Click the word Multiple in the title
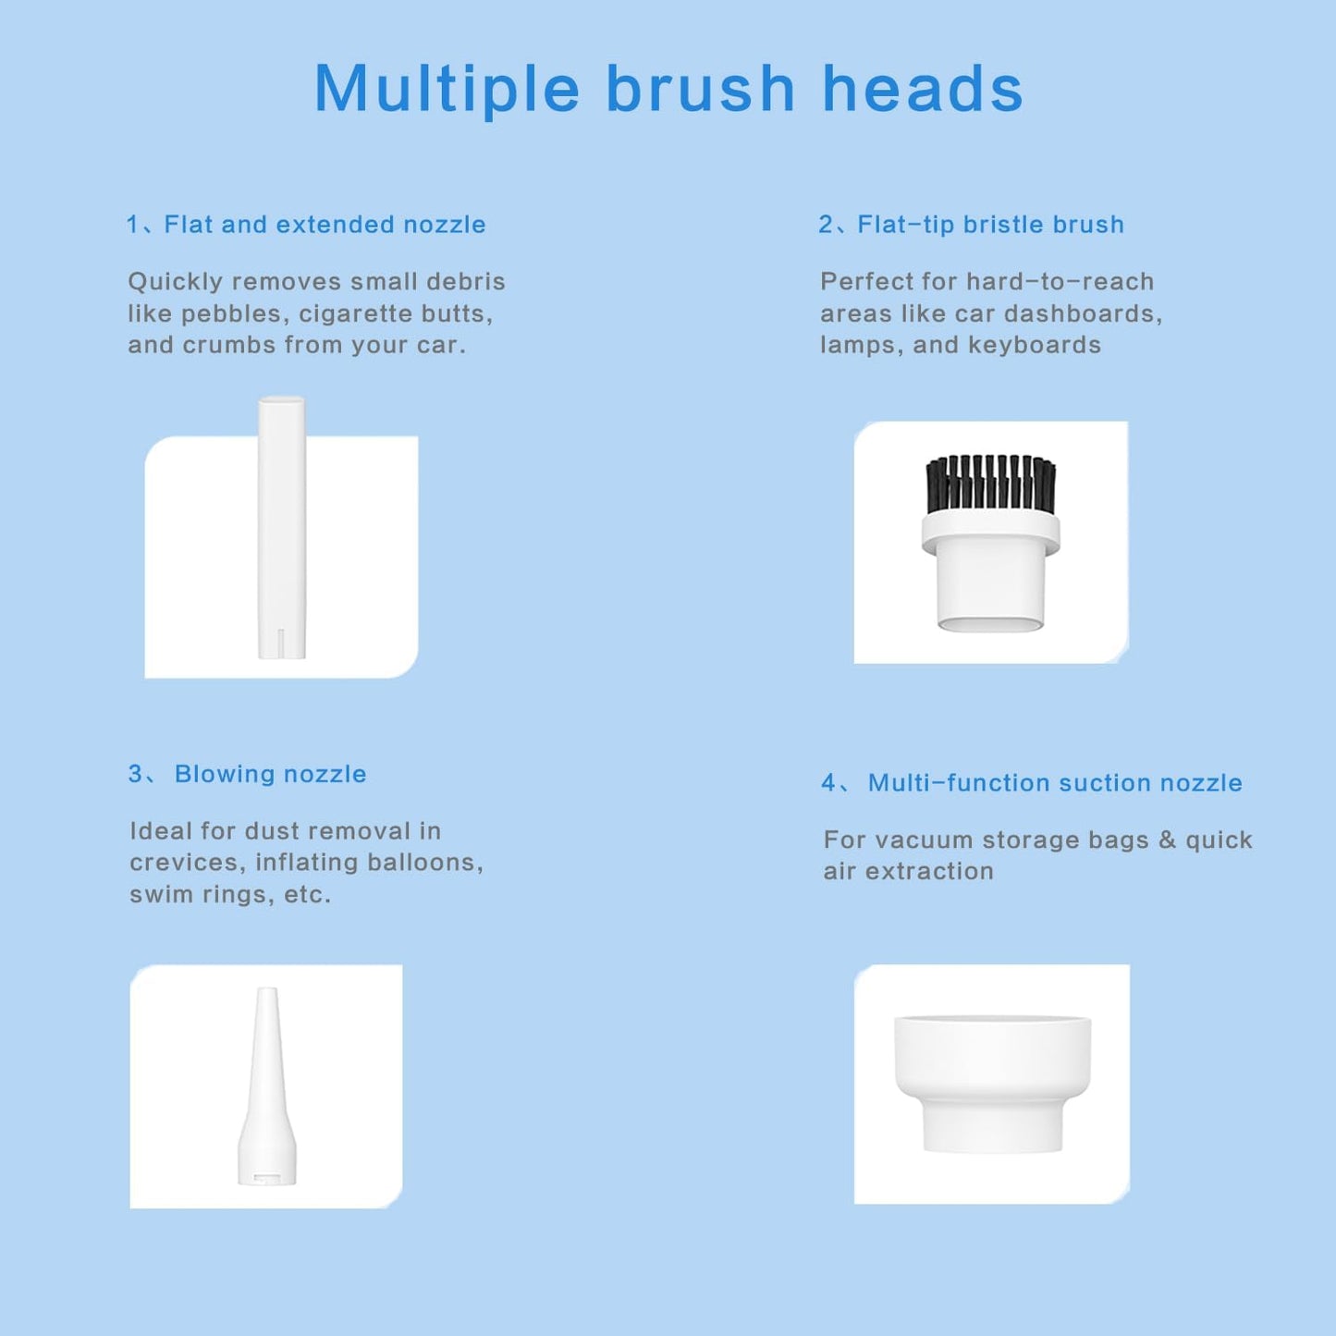(x=447, y=90)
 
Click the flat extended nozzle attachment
(x=281, y=527)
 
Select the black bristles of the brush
(x=991, y=484)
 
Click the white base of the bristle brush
(x=991, y=572)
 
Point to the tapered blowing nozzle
(x=267, y=1085)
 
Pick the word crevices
(x=188, y=863)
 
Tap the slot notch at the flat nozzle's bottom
(x=280, y=643)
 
